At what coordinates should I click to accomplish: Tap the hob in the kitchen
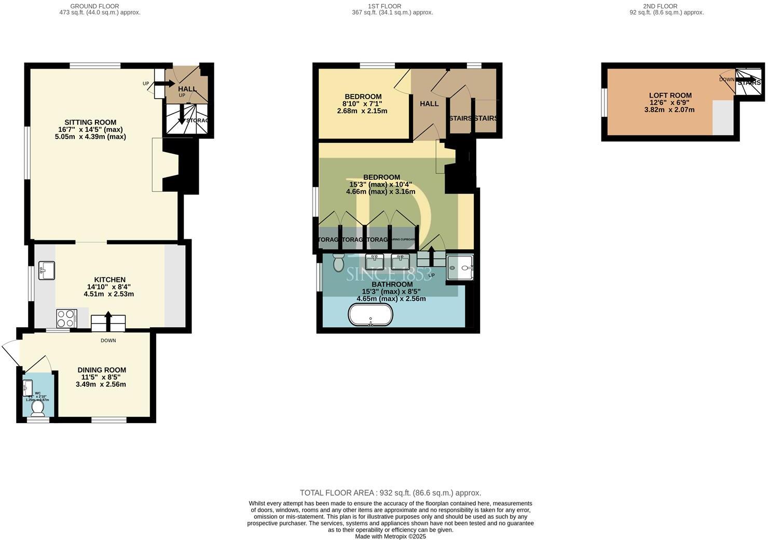[66, 318]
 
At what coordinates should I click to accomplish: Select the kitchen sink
[47, 270]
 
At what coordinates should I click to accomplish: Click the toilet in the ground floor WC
[37, 409]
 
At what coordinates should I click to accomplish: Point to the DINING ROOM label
[101, 370]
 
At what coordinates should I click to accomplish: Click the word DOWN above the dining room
[108, 341]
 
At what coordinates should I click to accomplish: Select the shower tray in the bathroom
[460, 267]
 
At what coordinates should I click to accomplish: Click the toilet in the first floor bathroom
[338, 263]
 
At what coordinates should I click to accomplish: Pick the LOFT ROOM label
[670, 96]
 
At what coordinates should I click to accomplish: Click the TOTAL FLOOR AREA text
[390, 493]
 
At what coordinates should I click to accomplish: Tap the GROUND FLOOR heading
[94, 6]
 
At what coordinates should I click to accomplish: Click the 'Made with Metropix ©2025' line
[390, 536]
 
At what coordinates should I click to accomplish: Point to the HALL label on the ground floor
[187, 89]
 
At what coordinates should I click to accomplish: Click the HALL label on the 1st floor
[429, 104]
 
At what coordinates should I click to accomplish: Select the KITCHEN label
[109, 280]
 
